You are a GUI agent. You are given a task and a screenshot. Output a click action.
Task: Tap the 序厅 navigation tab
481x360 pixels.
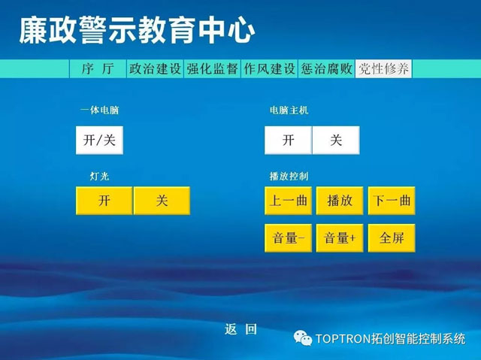tap(98, 68)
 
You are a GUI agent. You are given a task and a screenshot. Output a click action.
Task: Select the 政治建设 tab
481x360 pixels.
tap(155, 68)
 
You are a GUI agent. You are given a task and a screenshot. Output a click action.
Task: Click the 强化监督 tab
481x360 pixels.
tap(212, 68)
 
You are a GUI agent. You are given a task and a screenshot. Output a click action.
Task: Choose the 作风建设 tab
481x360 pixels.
tap(269, 68)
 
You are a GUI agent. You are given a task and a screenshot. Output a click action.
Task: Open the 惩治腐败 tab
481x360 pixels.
tap(326, 68)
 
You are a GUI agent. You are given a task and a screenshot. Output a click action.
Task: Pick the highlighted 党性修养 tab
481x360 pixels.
tap(383, 68)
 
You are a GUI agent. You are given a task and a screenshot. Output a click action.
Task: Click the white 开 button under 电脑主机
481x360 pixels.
tap(288, 140)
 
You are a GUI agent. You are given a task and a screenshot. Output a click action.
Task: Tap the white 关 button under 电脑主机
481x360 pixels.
tap(336, 140)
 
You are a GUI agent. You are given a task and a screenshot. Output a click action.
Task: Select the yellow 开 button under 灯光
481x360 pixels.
tap(104, 201)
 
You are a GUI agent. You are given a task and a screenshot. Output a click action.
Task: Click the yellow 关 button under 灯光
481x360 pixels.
tap(162, 201)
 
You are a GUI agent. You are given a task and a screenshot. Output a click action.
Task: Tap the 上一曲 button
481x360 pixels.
tap(288, 201)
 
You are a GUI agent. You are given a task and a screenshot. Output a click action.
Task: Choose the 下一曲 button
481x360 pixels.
tap(392, 201)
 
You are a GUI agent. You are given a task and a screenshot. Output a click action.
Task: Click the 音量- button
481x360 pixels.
tap(288, 238)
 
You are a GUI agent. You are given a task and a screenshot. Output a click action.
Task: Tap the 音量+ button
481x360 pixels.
tap(340, 238)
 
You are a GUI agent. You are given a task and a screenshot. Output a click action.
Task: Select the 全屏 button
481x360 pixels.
tap(392, 238)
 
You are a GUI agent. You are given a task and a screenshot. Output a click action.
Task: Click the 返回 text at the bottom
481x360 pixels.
tap(240, 329)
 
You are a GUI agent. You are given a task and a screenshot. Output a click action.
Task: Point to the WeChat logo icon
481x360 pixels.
tap(302, 338)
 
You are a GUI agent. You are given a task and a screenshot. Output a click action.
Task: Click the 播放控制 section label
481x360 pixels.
tap(289, 176)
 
